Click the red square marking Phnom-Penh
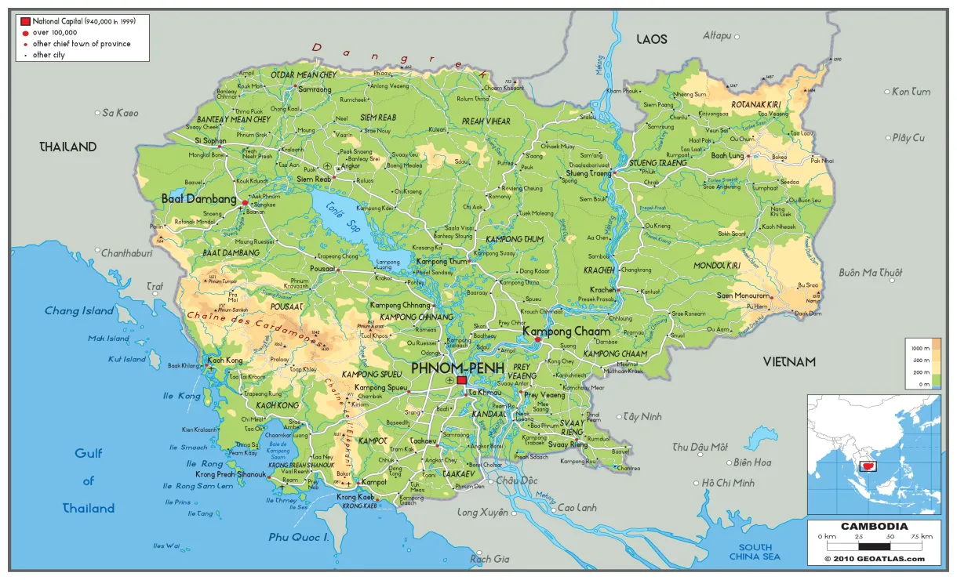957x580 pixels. (x=461, y=380)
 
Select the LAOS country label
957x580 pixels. (x=651, y=39)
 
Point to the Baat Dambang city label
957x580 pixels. (x=198, y=199)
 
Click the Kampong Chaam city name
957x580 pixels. (x=566, y=332)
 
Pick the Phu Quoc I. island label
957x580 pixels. (x=298, y=537)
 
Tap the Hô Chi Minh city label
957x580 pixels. (x=728, y=483)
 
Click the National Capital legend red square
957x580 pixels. (x=25, y=21)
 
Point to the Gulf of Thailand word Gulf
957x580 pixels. (x=89, y=453)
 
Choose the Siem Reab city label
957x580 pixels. (x=314, y=179)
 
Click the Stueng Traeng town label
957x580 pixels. (x=588, y=173)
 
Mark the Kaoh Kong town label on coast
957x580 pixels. (x=225, y=361)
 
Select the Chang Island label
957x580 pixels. (x=79, y=311)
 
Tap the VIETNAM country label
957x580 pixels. (x=789, y=362)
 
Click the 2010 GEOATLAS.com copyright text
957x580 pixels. (x=874, y=559)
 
